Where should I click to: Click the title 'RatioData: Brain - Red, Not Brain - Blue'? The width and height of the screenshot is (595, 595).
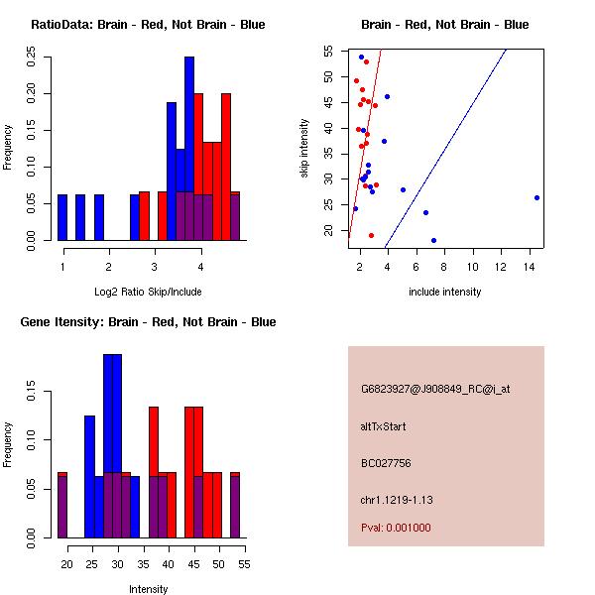148,24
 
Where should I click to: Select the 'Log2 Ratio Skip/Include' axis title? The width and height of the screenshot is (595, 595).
148,292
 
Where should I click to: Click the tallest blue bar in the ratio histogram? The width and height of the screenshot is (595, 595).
189,149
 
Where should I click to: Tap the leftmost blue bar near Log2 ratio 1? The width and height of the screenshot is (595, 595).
62,217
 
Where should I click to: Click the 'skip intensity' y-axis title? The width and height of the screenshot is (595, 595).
304,149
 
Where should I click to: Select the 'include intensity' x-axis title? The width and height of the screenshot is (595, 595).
444,292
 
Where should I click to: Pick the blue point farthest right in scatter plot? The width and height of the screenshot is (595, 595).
536,197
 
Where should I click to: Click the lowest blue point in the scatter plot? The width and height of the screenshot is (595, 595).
433,240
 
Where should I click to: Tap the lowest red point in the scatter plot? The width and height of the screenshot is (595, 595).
371,235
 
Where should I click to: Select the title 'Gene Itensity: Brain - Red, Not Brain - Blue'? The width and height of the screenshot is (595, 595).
148,322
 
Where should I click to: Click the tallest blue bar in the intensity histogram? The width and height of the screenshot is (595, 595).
112,445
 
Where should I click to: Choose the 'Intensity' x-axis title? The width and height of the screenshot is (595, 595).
148,589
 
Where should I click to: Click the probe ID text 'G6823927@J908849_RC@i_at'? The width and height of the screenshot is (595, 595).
435,389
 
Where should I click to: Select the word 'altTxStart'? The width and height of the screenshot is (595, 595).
384,426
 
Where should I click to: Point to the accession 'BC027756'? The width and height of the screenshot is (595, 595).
386,463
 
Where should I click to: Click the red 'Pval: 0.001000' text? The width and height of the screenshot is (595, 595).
396,528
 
